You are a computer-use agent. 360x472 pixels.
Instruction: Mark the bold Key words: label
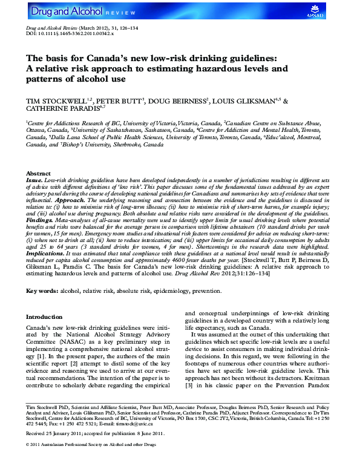click(x=42, y=291)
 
